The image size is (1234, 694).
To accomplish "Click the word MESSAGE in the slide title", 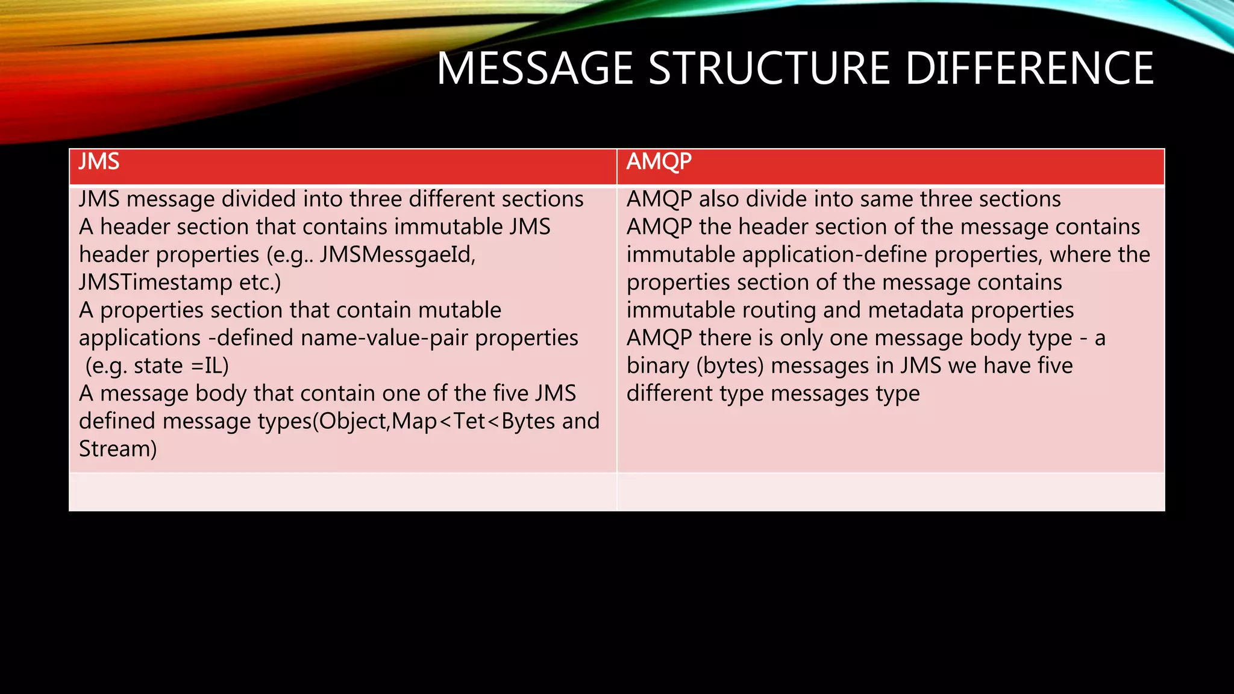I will [x=534, y=69].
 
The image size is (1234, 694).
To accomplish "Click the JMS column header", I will [x=99, y=162].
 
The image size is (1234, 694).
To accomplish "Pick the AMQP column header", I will [x=659, y=162].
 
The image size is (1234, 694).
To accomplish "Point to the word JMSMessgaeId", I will [x=398, y=255].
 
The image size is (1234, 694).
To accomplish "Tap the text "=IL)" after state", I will [x=210, y=366].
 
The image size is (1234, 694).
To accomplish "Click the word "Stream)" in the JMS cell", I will [x=118, y=449].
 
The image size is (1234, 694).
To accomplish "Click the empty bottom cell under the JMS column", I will [x=343, y=492].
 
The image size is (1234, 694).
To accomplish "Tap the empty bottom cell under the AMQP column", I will [x=891, y=492].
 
